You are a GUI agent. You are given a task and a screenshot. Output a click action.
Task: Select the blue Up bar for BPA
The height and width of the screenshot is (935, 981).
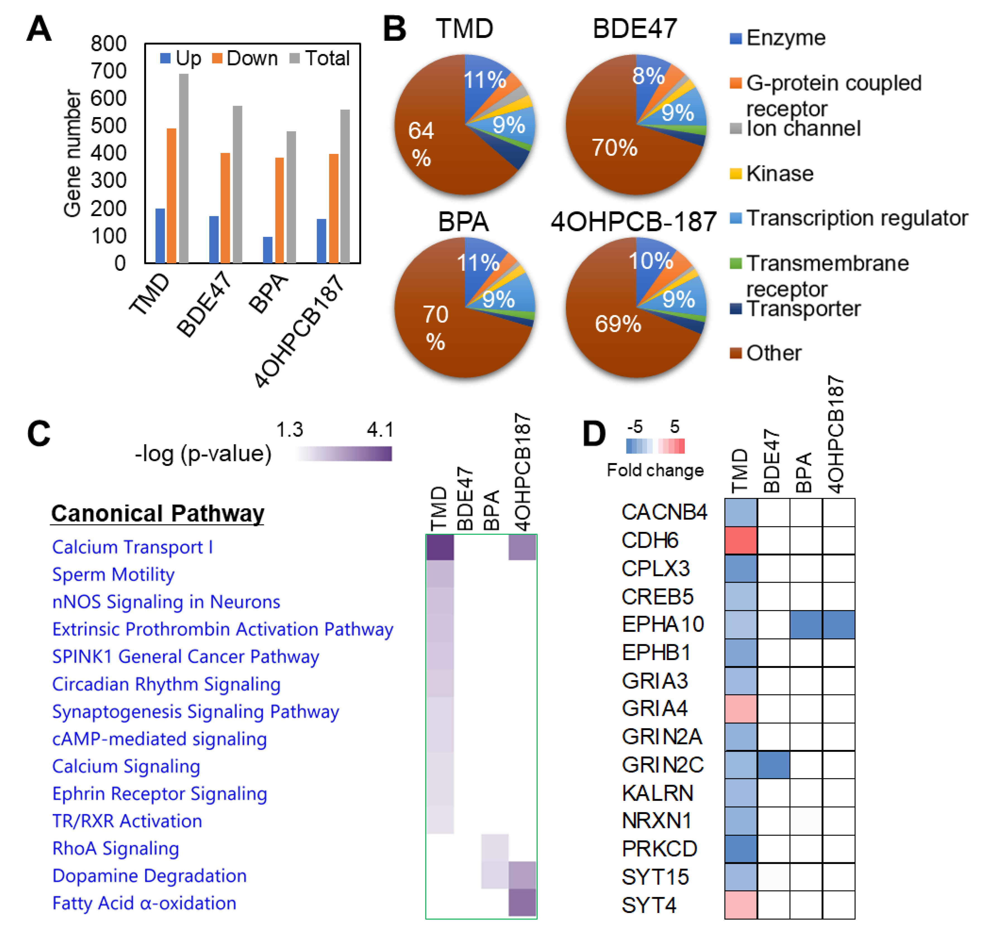click(x=268, y=250)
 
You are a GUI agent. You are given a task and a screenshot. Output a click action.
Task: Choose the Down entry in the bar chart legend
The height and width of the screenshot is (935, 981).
click(x=244, y=58)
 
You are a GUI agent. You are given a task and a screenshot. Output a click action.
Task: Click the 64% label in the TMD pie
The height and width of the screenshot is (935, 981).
click(x=421, y=144)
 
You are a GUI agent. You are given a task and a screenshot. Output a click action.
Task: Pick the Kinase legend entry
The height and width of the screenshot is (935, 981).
click(x=779, y=173)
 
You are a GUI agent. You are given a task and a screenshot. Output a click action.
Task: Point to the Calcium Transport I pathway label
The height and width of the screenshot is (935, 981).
click(x=133, y=547)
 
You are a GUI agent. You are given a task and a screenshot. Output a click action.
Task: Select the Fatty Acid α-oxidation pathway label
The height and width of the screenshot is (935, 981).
click(x=144, y=903)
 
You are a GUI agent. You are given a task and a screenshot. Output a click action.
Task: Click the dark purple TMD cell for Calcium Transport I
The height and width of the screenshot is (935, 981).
click(x=440, y=547)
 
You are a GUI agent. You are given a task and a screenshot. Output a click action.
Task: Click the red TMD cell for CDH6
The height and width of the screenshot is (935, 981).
click(x=740, y=540)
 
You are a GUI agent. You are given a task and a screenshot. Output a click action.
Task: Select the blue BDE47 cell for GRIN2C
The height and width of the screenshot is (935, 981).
click(x=773, y=765)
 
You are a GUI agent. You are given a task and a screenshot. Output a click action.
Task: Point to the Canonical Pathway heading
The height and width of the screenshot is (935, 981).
click(x=158, y=513)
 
